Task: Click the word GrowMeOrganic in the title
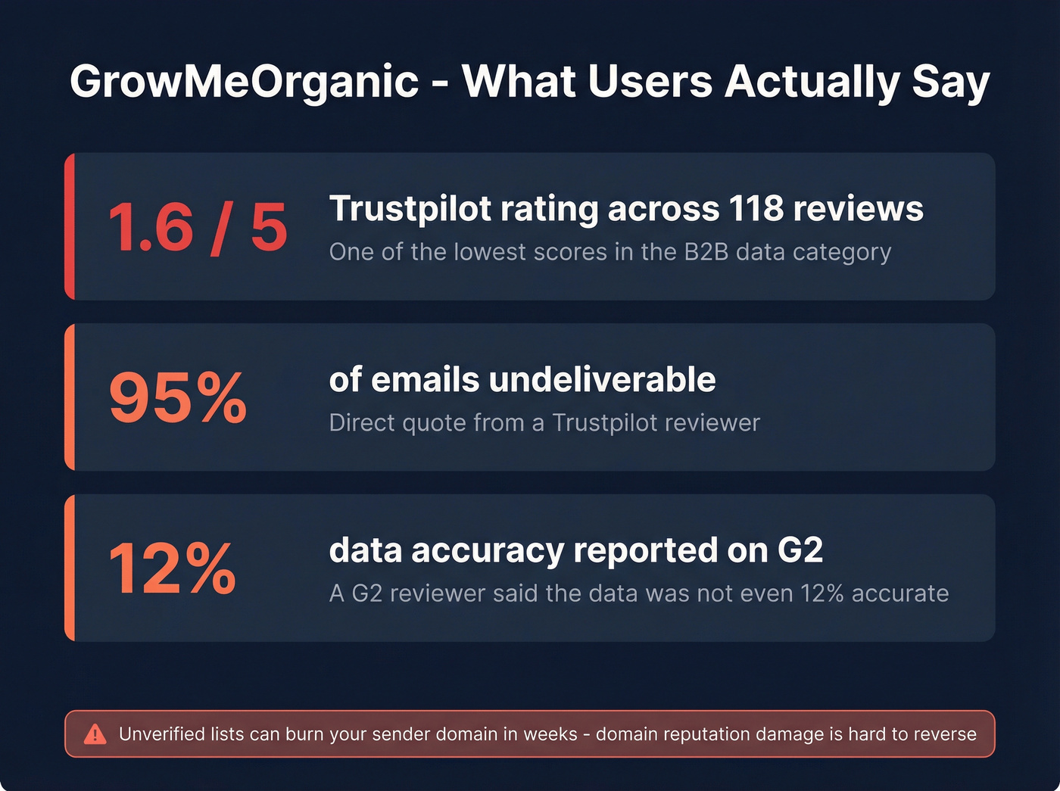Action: click(244, 82)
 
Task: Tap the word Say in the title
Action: click(951, 82)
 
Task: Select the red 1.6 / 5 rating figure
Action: click(198, 227)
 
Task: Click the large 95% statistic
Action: click(178, 397)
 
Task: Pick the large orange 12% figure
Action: click(173, 568)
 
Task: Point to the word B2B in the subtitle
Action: click(706, 252)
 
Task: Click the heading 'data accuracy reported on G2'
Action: click(575, 550)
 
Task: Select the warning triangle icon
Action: click(95, 733)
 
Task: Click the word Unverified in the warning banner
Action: click(162, 734)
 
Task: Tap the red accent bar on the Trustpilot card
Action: click(70, 226)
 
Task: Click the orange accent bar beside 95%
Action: click(70, 397)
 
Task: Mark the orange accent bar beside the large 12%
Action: click(70, 568)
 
